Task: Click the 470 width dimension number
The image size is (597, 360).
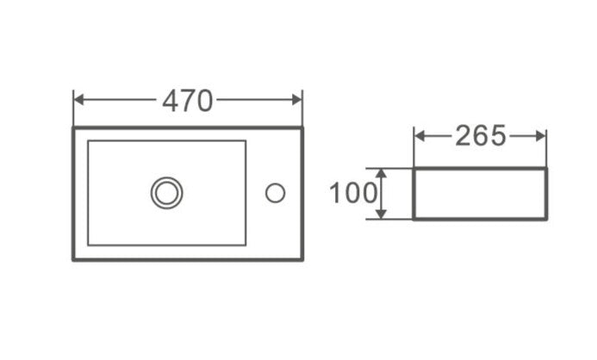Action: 187,101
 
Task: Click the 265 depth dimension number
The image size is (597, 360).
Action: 481,136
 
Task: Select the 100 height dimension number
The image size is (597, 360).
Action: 353,193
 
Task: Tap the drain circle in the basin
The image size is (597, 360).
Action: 166,192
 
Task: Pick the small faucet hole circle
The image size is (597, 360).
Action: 275,193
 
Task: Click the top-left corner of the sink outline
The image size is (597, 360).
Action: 73,128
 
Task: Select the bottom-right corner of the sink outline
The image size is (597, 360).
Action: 302,258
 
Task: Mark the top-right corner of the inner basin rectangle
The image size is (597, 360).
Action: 246,141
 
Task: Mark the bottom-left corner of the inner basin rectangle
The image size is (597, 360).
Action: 88,245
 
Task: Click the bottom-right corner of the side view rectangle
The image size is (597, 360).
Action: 546,219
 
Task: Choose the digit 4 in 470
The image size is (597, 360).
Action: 171,101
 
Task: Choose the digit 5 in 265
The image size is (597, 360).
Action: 497,136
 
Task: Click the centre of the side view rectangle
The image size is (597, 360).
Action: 480,194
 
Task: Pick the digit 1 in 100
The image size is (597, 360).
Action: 334,193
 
